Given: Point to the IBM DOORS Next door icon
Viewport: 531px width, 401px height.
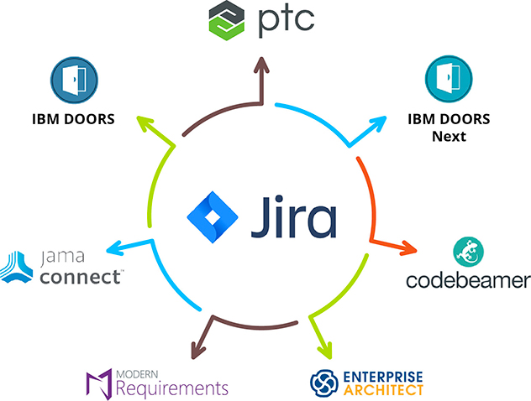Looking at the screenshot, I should coord(449,80).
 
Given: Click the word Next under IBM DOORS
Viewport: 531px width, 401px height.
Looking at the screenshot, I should coord(449,136).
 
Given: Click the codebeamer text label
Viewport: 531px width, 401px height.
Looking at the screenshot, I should coord(468,279).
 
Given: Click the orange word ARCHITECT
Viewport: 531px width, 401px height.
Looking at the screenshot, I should coord(384,390).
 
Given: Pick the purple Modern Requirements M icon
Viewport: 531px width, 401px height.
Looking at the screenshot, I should coord(100,383).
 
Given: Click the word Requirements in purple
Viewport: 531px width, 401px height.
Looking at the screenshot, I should coord(172,388).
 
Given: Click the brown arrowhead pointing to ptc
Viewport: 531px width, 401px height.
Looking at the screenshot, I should coord(263,65).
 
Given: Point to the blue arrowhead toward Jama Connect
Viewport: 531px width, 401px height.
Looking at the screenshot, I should coord(112,250).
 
